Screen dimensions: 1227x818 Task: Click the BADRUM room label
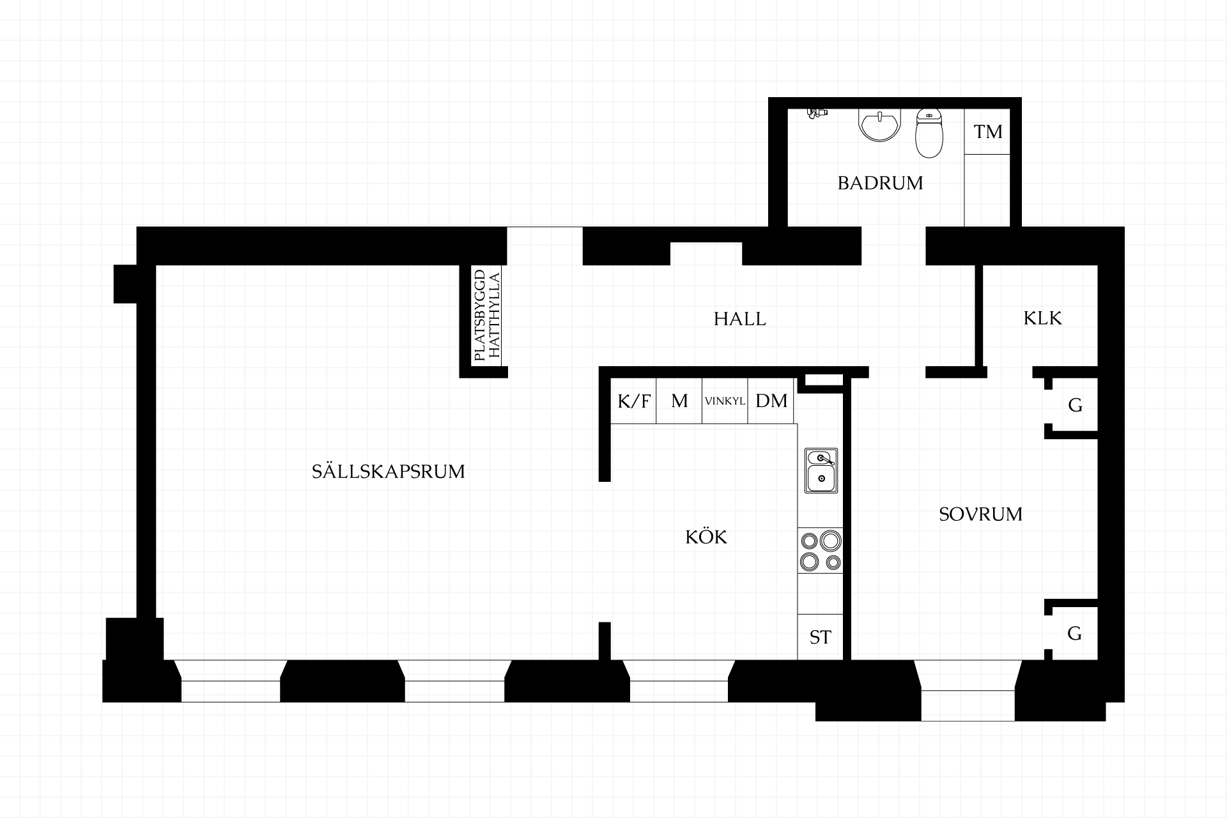880,183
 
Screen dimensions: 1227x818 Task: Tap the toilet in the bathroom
929,133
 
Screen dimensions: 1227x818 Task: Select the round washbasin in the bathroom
880,125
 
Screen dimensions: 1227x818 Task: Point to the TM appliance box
987,132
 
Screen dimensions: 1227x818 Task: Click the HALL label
739,319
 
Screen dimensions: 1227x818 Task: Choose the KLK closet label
1042,318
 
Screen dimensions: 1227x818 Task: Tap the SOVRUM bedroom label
980,514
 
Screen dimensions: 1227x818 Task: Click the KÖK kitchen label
706,537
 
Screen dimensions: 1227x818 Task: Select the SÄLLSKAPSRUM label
388,471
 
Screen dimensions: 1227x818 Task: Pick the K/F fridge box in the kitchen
634,401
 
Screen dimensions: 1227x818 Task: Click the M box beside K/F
679,401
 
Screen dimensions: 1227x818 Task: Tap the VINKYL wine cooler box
725,401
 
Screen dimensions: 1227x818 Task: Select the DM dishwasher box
771,401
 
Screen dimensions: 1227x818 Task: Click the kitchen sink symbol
821,470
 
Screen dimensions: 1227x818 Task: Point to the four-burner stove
821,551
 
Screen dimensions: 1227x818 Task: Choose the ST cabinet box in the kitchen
821,637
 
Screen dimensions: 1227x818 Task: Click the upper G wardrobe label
1075,405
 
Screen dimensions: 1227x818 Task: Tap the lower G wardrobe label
1075,633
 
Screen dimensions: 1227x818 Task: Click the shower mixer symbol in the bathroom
816,113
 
